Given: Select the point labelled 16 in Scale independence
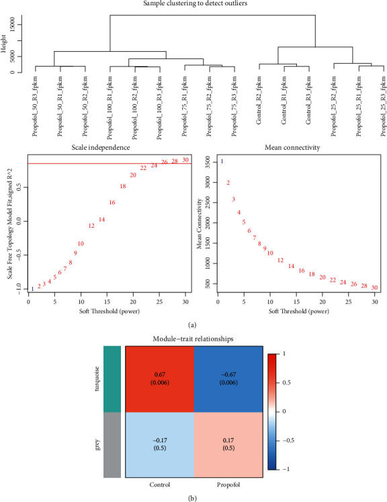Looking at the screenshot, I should (112, 202).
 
